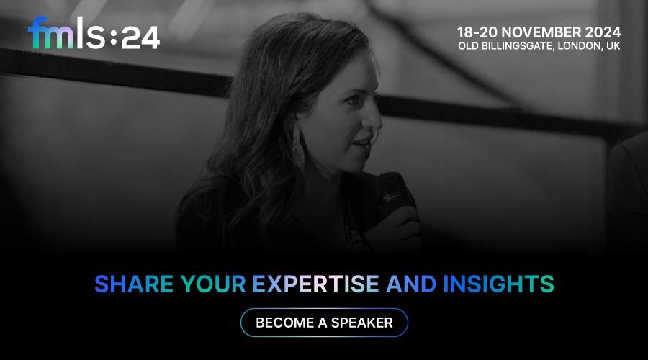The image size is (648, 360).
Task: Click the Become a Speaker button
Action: coord(324,323)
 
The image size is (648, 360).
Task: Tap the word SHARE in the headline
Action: coord(134,284)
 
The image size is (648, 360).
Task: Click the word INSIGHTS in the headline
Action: coord(498,284)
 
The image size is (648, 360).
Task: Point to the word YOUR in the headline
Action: coord(213,284)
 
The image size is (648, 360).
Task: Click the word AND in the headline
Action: coord(411,284)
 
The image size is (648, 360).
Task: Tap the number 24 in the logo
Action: coord(140,38)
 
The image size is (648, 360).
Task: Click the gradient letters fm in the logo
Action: coord(51,33)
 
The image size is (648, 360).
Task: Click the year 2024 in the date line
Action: coord(603,32)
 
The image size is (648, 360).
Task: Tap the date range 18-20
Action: coord(477,32)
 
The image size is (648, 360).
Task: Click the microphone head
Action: coord(395,190)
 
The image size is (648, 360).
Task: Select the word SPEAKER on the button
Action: coord(361,323)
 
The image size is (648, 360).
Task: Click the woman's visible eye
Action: coord(353,100)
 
